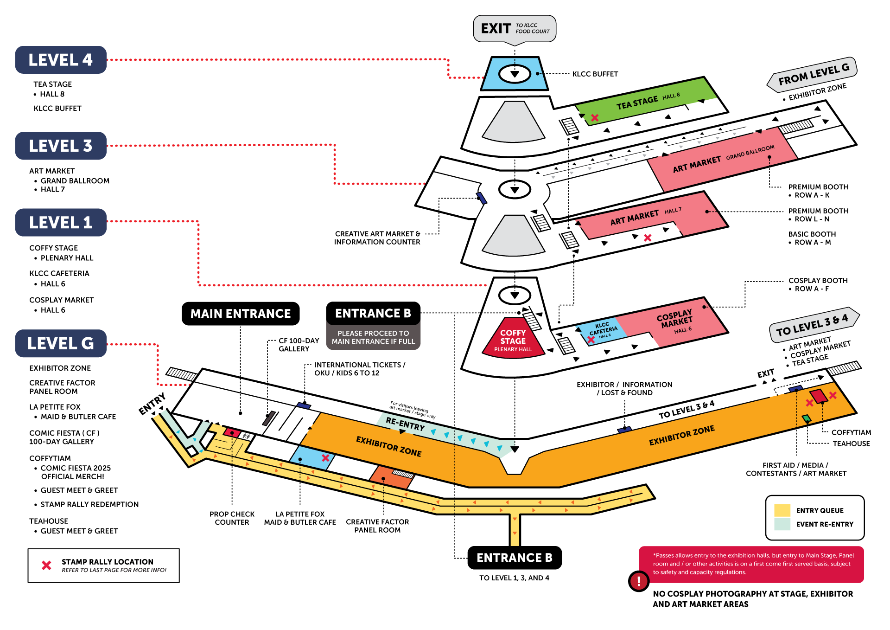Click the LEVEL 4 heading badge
(x=61, y=60)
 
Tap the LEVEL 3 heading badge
(x=61, y=146)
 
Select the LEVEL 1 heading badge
(x=61, y=222)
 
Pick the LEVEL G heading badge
(x=61, y=343)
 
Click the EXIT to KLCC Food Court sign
(x=515, y=29)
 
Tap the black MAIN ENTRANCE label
(x=241, y=314)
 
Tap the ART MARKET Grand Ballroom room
(x=723, y=160)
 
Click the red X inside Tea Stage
(x=595, y=118)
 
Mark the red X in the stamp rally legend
(x=46, y=565)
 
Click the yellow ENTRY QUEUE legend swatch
(x=782, y=510)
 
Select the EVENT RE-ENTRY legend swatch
(x=782, y=524)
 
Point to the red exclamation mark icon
(x=638, y=580)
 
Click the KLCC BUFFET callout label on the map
(x=595, y=74)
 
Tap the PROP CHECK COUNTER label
(x=232, y=518)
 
